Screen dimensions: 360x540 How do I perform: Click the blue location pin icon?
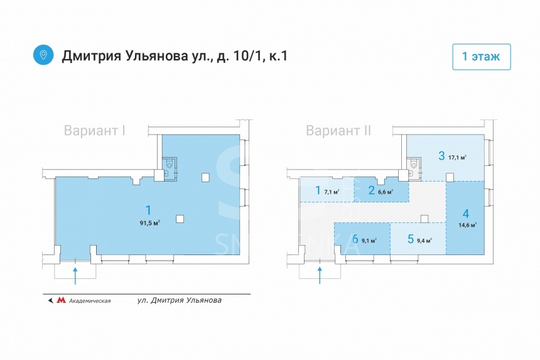pos(43,55)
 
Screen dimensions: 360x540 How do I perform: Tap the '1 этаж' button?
pos(481,57)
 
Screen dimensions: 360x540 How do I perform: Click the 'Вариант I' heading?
pos(95,131)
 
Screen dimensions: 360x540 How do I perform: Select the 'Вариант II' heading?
pos(338,131)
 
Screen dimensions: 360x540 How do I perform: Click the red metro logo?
pos(61,300)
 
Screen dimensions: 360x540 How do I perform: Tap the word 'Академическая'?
pos(90,301)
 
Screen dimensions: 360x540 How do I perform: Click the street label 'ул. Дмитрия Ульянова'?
pos(179,300)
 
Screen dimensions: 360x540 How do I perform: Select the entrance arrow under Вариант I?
pos(75,274)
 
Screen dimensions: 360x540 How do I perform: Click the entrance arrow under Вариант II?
pos(320,274)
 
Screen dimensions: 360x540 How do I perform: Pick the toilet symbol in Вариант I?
pos(168,165)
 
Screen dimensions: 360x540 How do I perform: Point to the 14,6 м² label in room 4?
pos(467,224)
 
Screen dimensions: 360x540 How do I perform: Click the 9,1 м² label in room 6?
pos(369,239)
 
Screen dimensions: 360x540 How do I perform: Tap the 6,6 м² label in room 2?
pos(386,192)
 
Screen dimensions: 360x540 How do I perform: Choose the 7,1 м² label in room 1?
pos(332,192)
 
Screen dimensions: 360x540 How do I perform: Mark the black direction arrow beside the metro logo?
pos(50,300)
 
